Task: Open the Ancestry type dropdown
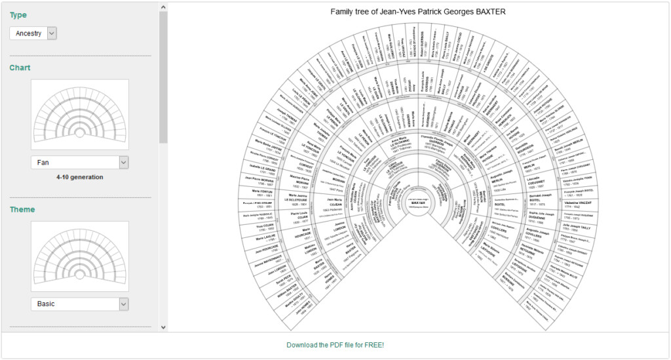(x=33, y=33)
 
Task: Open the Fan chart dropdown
(x=79, y=162)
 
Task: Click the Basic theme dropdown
(x=79, y=304)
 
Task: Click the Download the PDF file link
(x=335, y=345)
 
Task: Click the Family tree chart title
(x=418, y=12)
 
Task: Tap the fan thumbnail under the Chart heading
(x=79, y=115)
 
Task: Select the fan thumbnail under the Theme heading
(x=79, y=256)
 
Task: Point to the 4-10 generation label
(x=79, y=177)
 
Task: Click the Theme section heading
(x=22, y=210)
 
